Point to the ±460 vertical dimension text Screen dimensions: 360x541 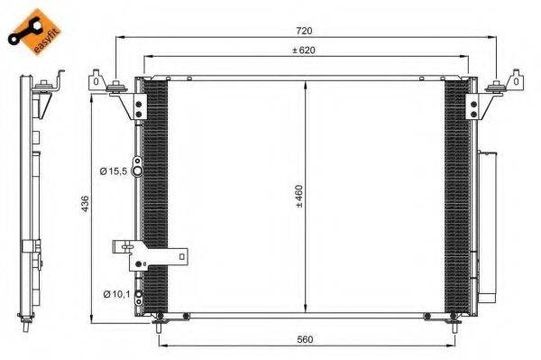298,198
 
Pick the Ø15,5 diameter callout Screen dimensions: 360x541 114,170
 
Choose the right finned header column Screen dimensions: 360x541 457,194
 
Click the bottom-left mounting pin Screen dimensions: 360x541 159,317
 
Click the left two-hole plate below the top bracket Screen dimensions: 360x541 138,109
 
